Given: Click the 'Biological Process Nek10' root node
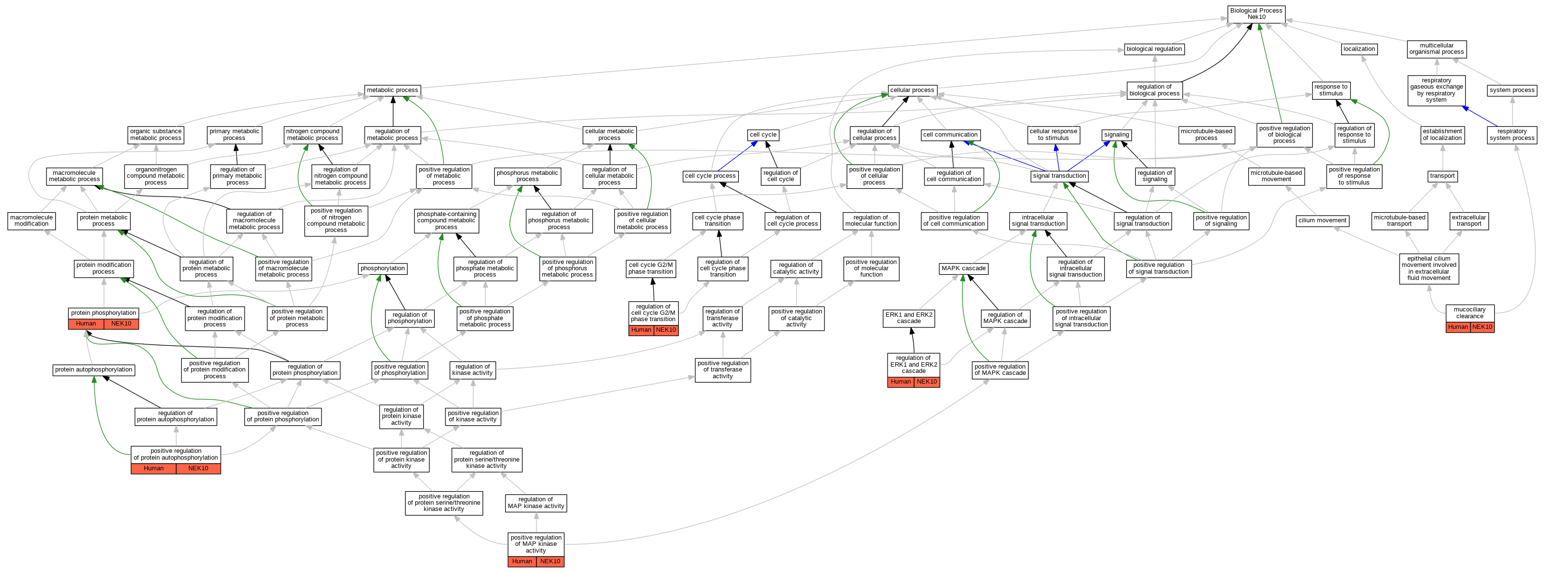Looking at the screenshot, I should (1256, 14).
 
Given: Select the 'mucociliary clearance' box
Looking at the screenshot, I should (1469, 313).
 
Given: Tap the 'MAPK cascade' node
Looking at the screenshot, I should (963, 268).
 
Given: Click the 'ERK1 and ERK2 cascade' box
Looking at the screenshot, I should (909, 318).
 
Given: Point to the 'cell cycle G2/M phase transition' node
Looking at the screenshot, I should (651, 268).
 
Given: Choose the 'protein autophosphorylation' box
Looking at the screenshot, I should (93, 370).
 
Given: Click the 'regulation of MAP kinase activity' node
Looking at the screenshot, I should (535, 503).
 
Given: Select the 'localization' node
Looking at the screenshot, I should (1359, 49).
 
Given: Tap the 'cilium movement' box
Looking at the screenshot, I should (1322, 221).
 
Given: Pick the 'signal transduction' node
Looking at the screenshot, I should (1059, 176).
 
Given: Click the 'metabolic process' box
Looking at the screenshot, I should (392, 90).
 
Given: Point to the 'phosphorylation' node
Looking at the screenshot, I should (382, 268).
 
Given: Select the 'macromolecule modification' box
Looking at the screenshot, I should (32, 221).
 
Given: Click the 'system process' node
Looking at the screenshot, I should (1512, 90).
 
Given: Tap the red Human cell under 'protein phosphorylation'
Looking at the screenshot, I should (86, 324).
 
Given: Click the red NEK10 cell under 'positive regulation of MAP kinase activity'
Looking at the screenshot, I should (550, 562).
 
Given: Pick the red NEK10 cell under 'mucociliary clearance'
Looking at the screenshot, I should (1482, 327).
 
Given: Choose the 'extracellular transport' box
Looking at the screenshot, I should (1469, 221).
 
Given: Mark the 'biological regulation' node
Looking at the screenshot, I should (1154, 49).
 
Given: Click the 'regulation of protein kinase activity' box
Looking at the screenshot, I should (401, 417).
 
